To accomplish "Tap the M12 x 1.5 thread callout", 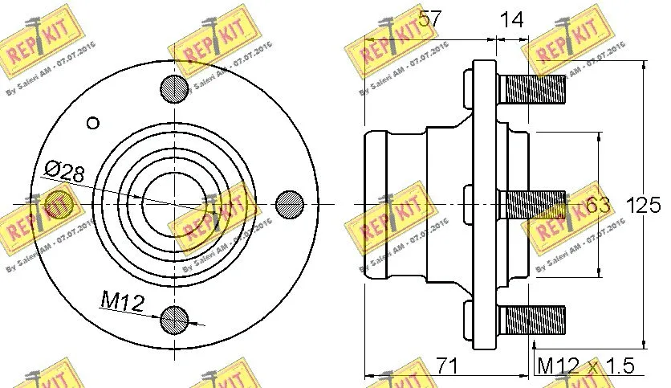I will click(585, 366).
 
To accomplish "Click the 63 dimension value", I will click(598, 206).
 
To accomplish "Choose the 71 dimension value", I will click(446, 366).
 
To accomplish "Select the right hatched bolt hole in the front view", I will click(290, 203).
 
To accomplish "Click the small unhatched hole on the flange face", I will click(92, 123).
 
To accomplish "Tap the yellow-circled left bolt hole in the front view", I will click(58, 203).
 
